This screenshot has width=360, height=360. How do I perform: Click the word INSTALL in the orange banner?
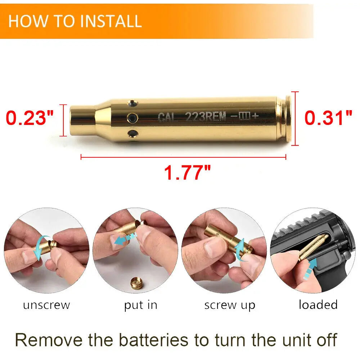click(111, 21)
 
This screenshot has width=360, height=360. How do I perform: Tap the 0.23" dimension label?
click(30, 118)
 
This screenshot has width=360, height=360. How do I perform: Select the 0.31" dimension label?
click(328, 118)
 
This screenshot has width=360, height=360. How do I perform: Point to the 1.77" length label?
click(187, 173)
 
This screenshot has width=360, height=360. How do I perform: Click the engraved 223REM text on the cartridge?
click(206, 117)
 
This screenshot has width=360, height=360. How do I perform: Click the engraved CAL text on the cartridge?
click(167, 117)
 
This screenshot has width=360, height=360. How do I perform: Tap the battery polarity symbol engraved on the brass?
click(244, 116)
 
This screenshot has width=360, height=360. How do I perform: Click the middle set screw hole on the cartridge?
click(132, 118)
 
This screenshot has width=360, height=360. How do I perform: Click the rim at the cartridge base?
click(288, 118)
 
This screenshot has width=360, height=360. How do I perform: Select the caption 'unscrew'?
click(46, 305)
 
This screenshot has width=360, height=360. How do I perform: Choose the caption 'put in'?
click(140, 305)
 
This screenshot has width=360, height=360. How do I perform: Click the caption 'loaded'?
click(318, 305)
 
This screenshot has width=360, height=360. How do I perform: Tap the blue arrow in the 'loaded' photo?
click(310, 269)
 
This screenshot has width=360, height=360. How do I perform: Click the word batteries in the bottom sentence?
click(153, 340)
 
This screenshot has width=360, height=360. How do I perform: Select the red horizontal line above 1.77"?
click(184, 158)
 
